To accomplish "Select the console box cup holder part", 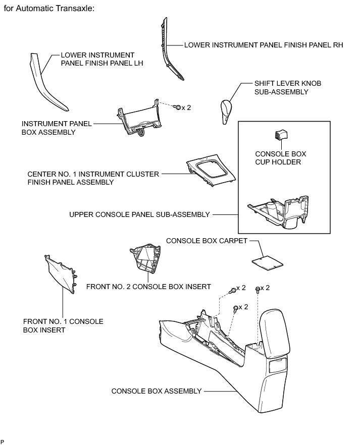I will (x=280, y=135).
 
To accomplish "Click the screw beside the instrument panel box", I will (x=178, y=107).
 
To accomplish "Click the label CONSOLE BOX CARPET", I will (x=207, y=241).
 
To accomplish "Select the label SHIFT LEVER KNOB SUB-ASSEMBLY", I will (x=281, y=88).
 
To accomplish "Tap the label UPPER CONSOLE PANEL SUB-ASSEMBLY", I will (x=139, y=214).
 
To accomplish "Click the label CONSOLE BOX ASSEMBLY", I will (x=157, y=391).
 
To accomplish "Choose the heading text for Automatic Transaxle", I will (x=49, y=9).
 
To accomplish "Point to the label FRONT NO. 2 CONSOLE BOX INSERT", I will (x=148, y=287).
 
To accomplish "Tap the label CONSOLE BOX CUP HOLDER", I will (x=280, y=157).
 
